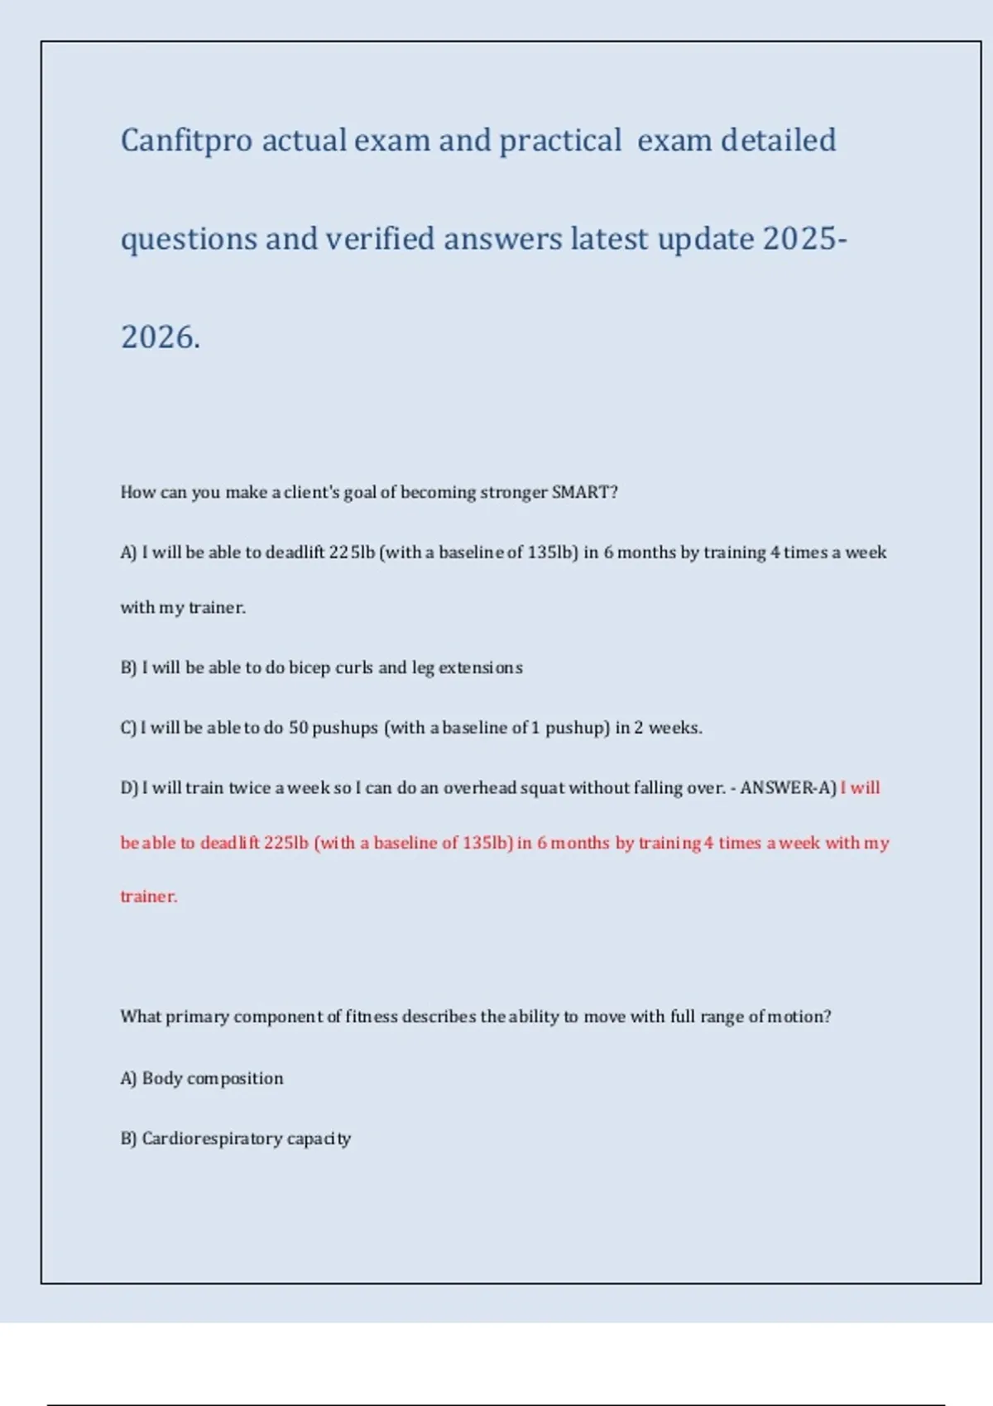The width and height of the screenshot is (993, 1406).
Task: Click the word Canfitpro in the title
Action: [x=186, y=141]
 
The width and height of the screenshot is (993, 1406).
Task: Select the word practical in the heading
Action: [x=560, y=141]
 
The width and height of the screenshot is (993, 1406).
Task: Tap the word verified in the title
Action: [x=380, y=239]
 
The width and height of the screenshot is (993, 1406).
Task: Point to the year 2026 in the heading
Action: [x=159, y=337]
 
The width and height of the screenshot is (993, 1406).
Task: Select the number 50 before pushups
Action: [x=298, y=728]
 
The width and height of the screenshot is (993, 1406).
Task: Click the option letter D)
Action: [x=129, y=788]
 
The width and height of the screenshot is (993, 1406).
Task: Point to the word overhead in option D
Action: [x=480, y=788]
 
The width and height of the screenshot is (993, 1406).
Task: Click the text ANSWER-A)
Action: [x=788, y=788]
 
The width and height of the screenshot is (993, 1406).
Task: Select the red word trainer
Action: [x=149, y=897]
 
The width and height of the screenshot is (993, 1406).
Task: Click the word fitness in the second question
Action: [x=372, y=1016]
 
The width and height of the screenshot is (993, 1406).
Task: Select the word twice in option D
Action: [x=249, y=788]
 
